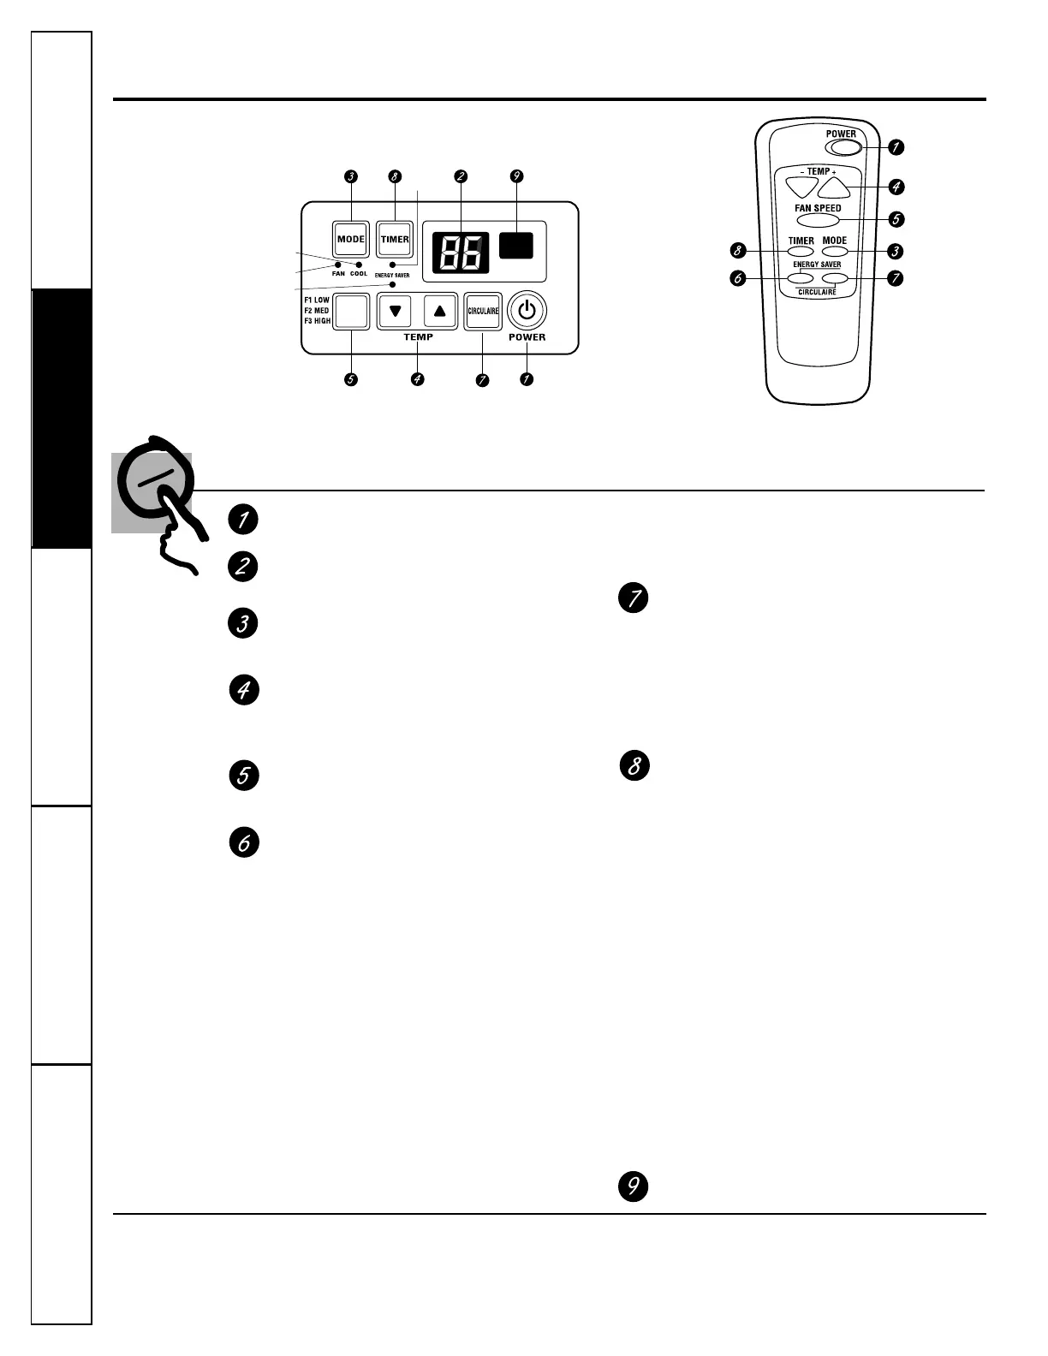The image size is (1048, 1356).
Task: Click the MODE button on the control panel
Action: click(351, 239)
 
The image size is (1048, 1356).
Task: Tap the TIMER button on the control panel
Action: click(395, 239)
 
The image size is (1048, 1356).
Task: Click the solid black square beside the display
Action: click(515, 245)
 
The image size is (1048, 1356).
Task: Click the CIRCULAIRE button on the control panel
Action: click(483, 311)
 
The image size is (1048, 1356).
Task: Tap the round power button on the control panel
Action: click(527, 311)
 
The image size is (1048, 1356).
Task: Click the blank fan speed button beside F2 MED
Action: click(351, 312)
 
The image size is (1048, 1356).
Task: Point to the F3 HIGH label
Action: click(317, 321)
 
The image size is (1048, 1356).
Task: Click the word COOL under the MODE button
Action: click(359, 274)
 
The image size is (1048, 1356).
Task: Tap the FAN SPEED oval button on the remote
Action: click(818, 220)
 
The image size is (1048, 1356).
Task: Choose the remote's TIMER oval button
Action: click(801, 252)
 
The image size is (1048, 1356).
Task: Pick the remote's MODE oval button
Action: click(834, 252)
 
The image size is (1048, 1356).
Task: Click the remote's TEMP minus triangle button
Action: click(801, 185)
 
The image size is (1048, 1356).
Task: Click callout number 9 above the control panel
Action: click(515, 176)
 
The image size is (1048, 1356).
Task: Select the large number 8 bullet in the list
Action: click(634, 765)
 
